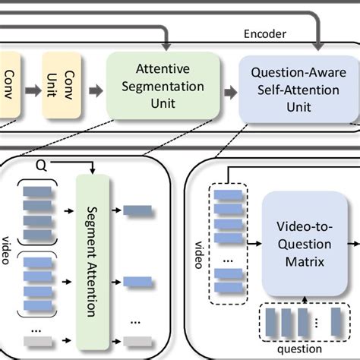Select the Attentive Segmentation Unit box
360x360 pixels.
click(x=163, y=87)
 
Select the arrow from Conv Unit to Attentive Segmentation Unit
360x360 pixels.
click(x=95, y=91)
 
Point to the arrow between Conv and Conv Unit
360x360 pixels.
click(x=33, y=91)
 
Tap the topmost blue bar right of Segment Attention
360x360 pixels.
click(x=137, y=210)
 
